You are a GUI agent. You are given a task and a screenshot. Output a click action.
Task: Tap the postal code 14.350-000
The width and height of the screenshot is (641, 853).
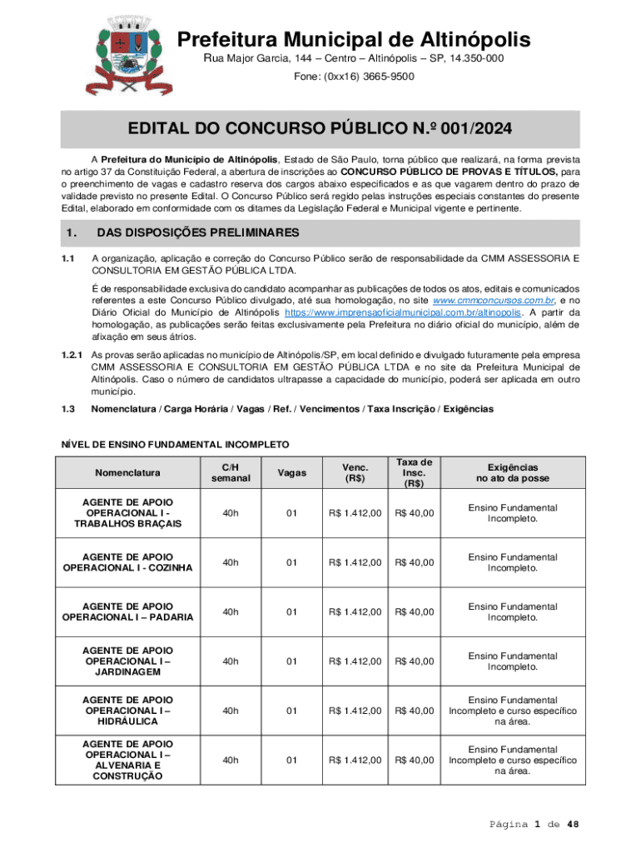464,58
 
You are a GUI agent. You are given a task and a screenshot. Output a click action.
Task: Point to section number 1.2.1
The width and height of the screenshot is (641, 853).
71,355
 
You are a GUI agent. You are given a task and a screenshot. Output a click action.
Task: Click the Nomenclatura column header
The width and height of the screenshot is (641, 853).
127,473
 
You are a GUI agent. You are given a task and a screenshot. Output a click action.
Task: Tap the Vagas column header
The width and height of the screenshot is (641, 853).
291,473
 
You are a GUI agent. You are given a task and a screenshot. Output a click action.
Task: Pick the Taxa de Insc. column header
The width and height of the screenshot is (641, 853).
414,473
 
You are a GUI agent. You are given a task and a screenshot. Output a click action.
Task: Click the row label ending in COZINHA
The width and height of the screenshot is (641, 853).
127,562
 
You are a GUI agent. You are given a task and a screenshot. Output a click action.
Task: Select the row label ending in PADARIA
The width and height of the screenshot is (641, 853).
127,611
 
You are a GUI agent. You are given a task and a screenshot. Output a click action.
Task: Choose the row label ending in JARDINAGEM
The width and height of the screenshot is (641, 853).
127,661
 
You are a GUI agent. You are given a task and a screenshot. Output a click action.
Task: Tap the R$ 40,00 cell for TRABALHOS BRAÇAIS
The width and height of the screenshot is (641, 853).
414,513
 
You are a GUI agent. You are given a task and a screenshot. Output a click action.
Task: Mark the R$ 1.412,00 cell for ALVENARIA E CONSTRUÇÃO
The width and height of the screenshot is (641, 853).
355,760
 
